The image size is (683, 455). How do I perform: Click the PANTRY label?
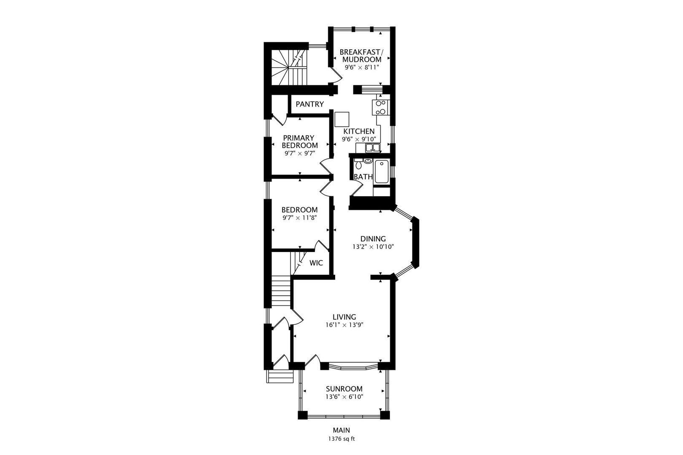309,104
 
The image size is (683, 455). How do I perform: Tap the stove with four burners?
381,107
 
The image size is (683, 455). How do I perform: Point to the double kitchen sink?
372,147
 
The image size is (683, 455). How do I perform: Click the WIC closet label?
316,263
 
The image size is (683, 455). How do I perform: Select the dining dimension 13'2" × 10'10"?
373,247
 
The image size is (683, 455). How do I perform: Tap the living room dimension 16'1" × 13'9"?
344,325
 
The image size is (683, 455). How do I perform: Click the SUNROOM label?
344,389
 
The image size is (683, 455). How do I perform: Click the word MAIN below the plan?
341,430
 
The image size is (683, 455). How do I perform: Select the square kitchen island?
342,119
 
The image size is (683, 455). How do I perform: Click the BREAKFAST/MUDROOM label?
361,56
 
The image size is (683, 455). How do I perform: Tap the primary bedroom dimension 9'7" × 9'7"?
300,153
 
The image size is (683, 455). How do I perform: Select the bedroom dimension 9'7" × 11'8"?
299,218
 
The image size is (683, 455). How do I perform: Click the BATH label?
363,177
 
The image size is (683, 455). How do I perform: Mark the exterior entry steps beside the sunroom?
280,376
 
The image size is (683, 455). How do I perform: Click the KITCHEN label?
359,131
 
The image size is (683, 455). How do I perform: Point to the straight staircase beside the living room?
281,291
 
